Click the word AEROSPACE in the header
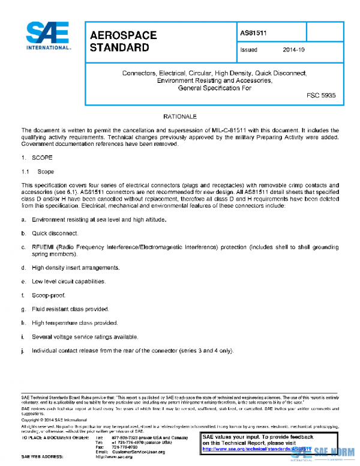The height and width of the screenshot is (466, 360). (x=123, y=35)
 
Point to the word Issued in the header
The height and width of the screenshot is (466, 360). (x=248, y=50)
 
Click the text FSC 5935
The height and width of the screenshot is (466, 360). (x=321, y=95)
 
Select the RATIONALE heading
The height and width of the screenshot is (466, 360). (x=180, y=115)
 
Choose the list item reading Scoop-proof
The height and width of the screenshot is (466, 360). (x=49, y=295)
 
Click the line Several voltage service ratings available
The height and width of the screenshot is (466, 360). (x=85, y=336)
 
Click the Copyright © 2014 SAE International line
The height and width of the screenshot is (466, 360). (x=54, y=419)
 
